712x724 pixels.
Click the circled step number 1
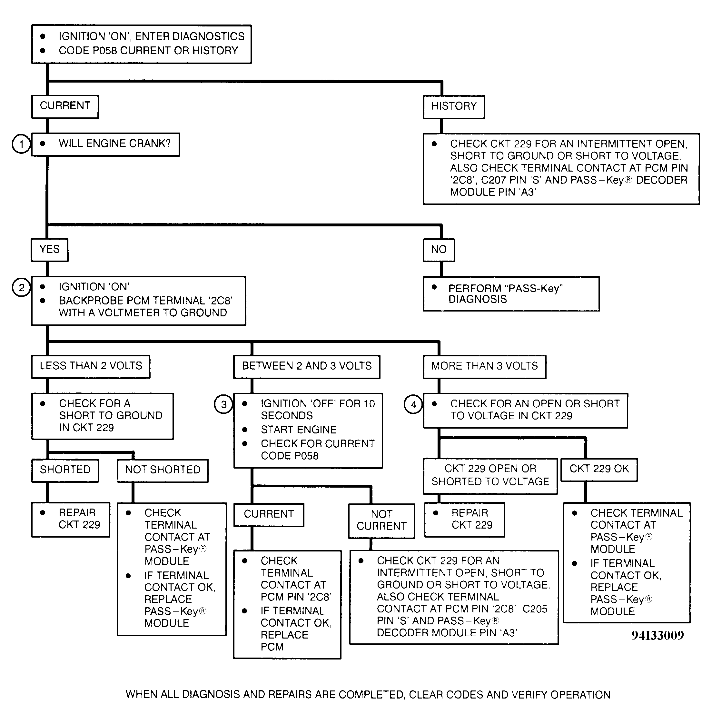point(21,144)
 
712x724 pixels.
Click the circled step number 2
point(21,287)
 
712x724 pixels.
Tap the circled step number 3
point(223,404)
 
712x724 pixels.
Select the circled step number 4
point(413,404)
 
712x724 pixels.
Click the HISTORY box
point(454,107)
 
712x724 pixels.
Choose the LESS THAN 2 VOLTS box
point(91,366)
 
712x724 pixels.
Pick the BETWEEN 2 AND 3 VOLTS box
point(307,366)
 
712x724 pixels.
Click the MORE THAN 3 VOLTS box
point(484,366)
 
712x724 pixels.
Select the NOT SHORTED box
point(163,471)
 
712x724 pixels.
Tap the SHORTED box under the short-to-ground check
point(65,471)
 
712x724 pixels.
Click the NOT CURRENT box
point(381,521)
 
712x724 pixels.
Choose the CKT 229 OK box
point(599,469)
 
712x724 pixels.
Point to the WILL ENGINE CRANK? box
point(105,144)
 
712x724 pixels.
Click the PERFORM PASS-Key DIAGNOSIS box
point(511,293)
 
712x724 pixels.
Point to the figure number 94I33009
point(658,636)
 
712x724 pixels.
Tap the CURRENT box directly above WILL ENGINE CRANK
point(65,106)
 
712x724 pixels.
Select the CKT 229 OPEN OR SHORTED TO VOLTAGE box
point(490,476)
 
